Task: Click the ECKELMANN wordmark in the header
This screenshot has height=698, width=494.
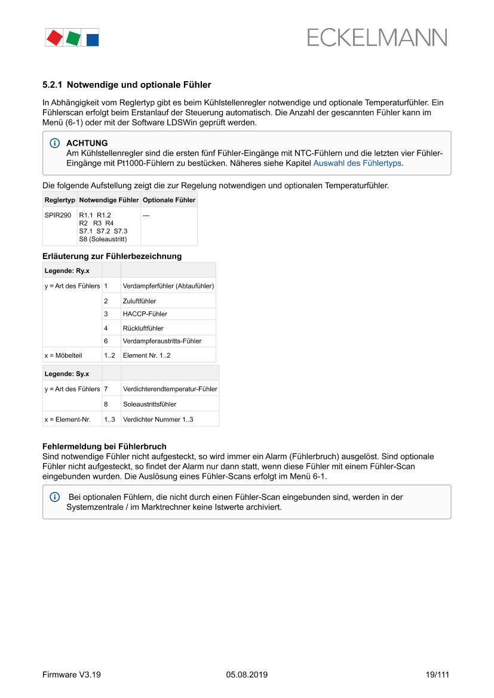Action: click(377, 38)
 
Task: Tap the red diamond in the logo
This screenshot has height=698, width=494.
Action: click(54, 38)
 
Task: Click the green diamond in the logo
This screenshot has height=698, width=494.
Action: click(73, 39)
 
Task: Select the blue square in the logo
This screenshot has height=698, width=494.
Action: click(93, 40)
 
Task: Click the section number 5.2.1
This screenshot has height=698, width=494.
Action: click(53, 85)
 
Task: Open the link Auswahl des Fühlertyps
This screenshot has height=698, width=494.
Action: click(357, 163)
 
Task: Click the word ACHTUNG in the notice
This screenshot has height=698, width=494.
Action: click(87, 143)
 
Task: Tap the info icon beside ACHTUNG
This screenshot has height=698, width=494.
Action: click(55, 143)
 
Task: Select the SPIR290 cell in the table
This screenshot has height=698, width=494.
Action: click(58, 215)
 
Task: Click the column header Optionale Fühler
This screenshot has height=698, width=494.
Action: click(169, 200)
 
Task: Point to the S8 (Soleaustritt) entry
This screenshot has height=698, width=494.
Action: click(103, 239)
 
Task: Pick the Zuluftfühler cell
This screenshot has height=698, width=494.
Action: click(139, 301)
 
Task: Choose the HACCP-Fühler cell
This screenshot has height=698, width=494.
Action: click(145, 314)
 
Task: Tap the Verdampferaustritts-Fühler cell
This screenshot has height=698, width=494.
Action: click(162, 341)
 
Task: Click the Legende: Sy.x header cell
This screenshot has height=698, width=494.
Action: click(67, 374)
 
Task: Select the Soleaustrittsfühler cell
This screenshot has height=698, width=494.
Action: click(149, 404)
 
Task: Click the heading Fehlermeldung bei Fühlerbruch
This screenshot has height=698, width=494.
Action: click(104, 447)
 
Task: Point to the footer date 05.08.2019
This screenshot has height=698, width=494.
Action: click(247, 675)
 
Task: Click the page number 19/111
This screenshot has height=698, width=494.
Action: click(437, 675)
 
